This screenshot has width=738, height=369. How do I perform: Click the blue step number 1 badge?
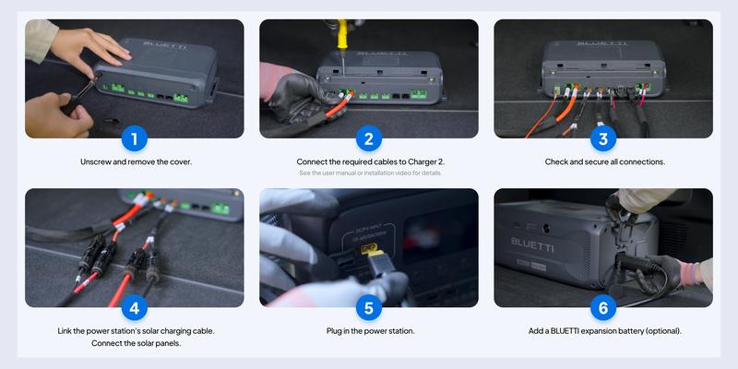pos(135,139)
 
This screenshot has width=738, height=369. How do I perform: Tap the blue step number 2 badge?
pos(369,139)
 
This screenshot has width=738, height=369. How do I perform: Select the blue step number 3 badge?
pos(603,139)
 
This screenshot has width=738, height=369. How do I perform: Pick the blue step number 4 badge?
pos(135,308)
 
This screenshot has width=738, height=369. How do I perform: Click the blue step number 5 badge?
pos(369,308)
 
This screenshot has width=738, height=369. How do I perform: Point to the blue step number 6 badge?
pos(603,308)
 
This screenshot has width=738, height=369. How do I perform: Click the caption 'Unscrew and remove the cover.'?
pos(135,161)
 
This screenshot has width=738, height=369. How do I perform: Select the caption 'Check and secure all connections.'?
pos(603,161)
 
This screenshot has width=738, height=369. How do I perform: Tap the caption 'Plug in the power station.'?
pos(369,330)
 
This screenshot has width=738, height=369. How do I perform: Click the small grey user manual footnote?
pos(369,173)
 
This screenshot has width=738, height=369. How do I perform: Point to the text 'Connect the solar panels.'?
pos(135,343)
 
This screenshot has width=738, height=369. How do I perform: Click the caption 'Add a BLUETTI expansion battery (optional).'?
pos(603,330)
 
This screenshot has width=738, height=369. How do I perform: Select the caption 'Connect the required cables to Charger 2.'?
pos(369,161)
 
